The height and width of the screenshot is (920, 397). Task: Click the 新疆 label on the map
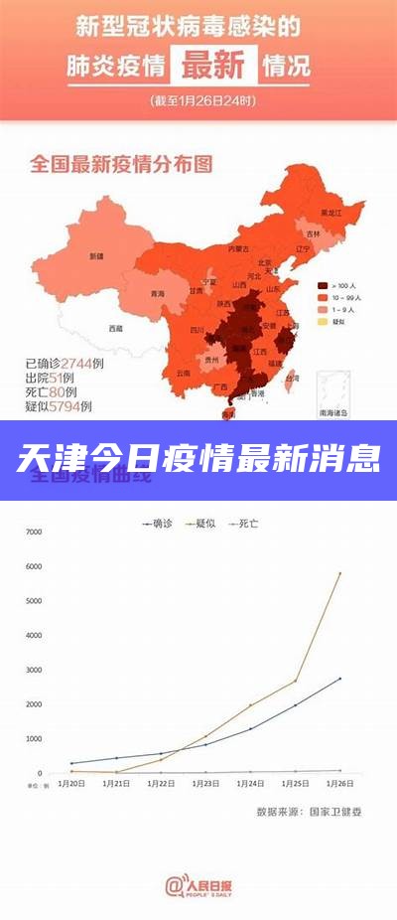point(96,255)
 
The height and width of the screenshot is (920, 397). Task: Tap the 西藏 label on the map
point(116,327)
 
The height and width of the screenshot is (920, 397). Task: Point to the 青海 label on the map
point(158,294)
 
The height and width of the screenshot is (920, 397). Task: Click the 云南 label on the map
point(182,373)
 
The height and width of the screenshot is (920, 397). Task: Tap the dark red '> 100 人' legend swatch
point(323,284)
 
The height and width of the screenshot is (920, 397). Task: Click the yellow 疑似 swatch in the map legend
point(323,321)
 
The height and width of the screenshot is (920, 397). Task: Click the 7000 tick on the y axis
point(34,533)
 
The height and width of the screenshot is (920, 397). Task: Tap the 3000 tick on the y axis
point(34,670)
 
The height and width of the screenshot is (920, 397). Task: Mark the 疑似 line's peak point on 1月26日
point(339,573)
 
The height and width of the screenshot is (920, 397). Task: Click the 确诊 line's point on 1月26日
point(339,679)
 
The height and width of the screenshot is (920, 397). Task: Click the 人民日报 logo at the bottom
point(198,884)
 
